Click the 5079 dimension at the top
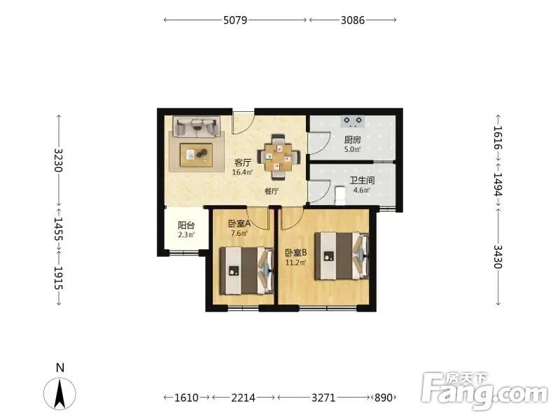[235, 20]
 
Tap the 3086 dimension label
[353, 20]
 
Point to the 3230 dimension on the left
[59, 160]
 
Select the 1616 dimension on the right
[498, 138]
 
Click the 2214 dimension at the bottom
[243, 398]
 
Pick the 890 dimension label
[383, 398]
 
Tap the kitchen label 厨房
[353, 139]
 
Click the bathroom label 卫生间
[362, 181]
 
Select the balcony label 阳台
[186, 225]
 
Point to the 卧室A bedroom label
[239, 224]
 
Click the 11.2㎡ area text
[295, 263]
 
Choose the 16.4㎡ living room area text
[242, 172]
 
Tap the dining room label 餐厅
[272, 191]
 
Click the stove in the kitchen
[353, 121]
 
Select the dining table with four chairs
[279, 157]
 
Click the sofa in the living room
[197, 127]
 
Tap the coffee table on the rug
[196, 155]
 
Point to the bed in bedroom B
[342, 255]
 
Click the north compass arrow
[59, 393]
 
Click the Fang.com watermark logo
[484, 391]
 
